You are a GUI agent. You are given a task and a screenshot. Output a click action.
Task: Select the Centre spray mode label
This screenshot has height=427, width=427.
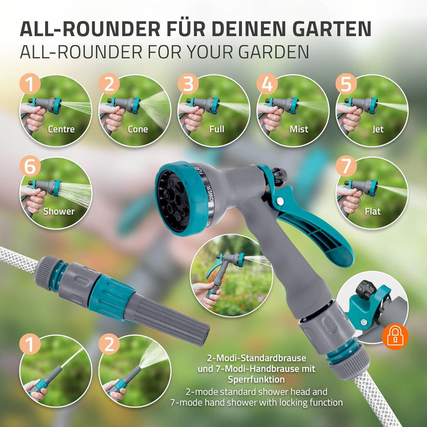click(x=61, y=129)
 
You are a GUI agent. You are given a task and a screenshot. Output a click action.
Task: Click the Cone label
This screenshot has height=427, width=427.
click(x=138, y=129)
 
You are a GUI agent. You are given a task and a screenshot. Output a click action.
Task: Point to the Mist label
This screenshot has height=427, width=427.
click(x=299, y=129)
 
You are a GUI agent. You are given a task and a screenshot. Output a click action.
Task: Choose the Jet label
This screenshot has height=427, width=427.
click(x=378, y=129)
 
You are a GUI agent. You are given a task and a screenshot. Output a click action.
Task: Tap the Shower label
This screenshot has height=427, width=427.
click(x=59, y=211)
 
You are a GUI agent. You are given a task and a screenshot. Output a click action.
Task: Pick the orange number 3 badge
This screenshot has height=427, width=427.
click(x=188, y=84)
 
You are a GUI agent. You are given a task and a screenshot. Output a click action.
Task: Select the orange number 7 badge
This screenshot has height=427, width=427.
click(x=346, y=166)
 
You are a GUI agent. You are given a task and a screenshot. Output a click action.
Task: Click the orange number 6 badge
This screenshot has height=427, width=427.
click(x=30, y=166)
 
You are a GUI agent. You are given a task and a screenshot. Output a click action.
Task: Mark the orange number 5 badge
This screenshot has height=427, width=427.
click(x=346, y=84)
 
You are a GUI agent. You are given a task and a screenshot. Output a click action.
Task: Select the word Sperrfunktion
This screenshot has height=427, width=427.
click(x=254, y=379)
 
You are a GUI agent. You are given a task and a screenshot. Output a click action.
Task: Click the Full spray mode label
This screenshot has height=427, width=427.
click(x=217, y=129)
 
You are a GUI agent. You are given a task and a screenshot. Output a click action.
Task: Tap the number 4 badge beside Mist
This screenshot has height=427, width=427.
click(x=267, y=84)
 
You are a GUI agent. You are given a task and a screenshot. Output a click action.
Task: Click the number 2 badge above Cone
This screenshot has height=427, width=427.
click(x=109, y=84)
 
